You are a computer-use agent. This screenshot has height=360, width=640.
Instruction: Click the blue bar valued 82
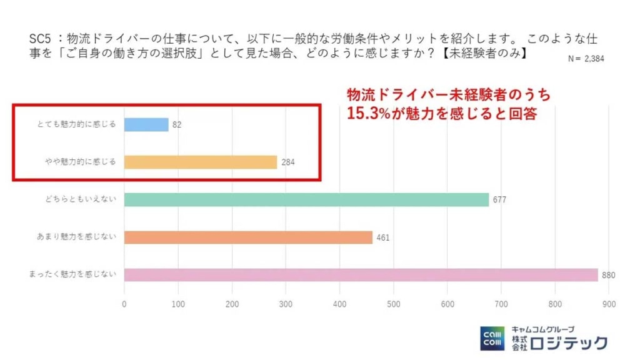point(146,124)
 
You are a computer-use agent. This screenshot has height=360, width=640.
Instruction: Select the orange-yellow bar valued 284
point(200,162)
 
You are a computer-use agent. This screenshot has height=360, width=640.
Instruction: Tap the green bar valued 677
point(306,199)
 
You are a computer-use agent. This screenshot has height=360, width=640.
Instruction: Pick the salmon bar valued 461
point(248,237)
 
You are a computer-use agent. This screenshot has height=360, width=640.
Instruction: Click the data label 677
point(499,200)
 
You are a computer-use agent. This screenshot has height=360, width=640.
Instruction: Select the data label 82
point(177,125)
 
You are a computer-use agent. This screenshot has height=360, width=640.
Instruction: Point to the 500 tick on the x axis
point(393,304)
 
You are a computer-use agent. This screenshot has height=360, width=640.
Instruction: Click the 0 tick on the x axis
point(124,304)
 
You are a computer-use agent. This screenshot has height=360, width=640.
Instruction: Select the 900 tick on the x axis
point(608,304)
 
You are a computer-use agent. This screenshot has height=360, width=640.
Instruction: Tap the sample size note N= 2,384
point(586,59)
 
